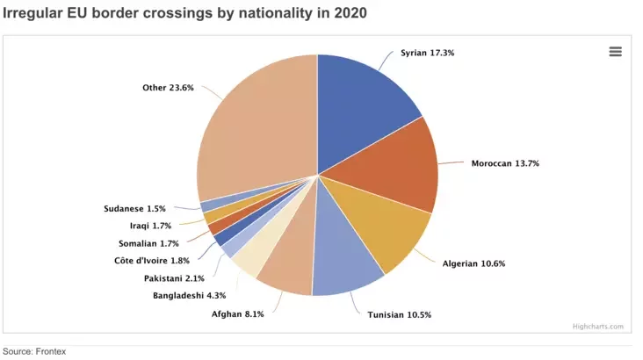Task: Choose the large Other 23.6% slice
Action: tap(255, 123)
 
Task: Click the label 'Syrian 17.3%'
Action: tap(427, 53)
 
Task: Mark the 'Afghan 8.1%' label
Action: tap(237, 313)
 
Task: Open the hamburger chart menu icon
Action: tap(615, 52)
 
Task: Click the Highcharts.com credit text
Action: tap(597, 326)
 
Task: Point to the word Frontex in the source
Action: tap(50, 351)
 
